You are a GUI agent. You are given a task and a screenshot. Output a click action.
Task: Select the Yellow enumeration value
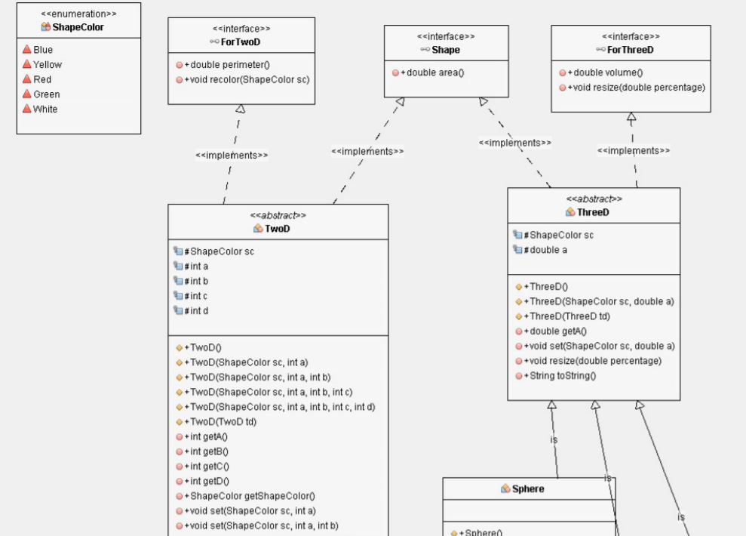47,65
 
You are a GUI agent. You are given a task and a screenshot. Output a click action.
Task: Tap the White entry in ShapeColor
45,109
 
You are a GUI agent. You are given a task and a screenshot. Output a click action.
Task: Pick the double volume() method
604,73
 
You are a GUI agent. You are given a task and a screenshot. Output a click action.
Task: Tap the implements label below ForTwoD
232,155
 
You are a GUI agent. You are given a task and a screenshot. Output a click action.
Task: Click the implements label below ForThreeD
634,150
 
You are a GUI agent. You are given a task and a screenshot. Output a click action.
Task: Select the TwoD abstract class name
277,228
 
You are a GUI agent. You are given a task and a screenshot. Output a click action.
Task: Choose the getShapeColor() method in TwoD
249,496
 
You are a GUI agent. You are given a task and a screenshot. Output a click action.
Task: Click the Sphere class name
527,488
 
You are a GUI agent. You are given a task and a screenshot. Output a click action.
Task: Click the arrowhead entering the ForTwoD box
241,110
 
